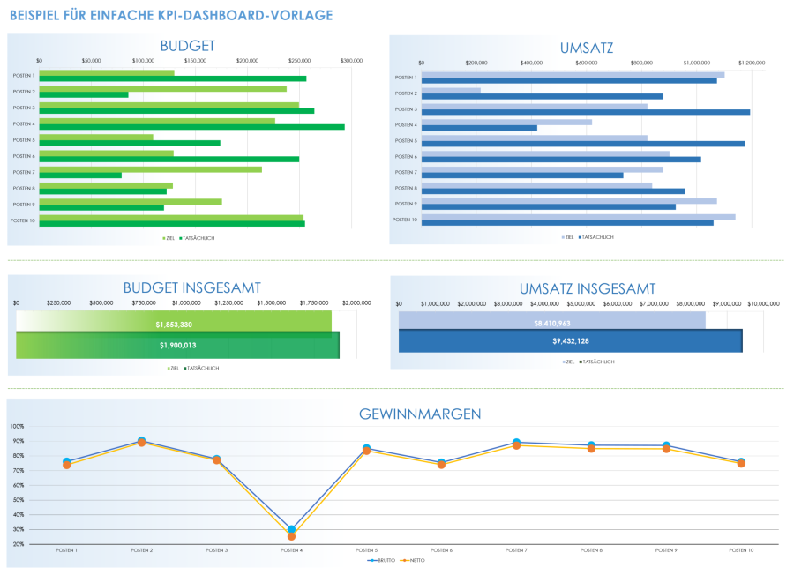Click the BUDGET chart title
[x=187, y=46]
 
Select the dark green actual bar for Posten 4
[x=191, y=127]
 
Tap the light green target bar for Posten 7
[x=150, y=169]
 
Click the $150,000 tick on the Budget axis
[x=195, y=61]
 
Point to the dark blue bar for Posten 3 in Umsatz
[x=585, y=112]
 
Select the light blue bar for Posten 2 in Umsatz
[x=451, y=90]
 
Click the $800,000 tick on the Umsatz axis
[x=641, y=63]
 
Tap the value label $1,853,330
[x=174, y=325]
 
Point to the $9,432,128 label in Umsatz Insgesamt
[x=571, y=341]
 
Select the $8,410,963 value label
[x=552, y=323]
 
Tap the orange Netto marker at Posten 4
[x=291, y=536]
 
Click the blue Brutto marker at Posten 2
[x=142, y=440]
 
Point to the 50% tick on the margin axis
[x=17, y=500]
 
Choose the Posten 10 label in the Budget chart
[x=22, y=220]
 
